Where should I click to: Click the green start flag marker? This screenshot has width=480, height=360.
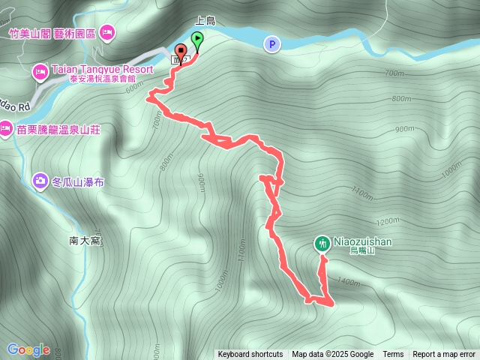[196, 39]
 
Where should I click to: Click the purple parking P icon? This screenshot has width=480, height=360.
[271, 45]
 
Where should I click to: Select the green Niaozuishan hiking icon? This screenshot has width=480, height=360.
[322, 243]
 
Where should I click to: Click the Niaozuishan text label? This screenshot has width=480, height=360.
[363, 242]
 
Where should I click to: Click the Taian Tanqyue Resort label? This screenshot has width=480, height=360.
[101, 69]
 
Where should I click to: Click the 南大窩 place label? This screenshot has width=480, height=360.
[84, 240]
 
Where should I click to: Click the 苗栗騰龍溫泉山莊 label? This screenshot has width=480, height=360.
[58, 129]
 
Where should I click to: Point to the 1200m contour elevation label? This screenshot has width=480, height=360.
[388, 221]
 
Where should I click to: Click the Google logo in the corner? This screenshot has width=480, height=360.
[28, 349]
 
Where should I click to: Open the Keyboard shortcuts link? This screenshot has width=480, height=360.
[250, 355]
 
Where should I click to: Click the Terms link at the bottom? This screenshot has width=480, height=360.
[393, 355]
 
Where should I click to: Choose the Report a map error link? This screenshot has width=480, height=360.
[444, 355]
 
